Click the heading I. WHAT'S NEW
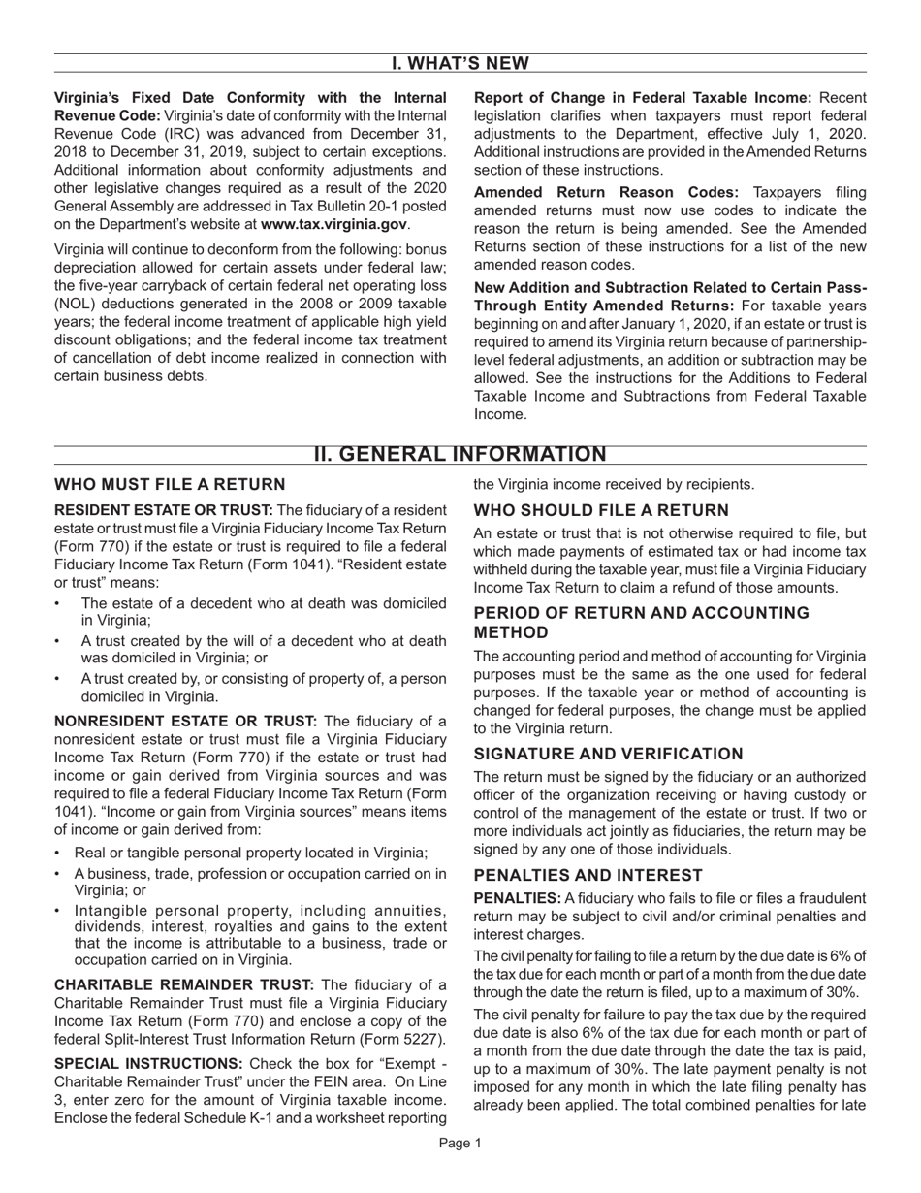tap(460, 63)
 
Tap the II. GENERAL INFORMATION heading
tap(460, 455)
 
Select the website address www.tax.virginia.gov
tap(333, 224)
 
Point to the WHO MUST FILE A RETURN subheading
tap(170, 484)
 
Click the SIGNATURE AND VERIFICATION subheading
tap(608, 754)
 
